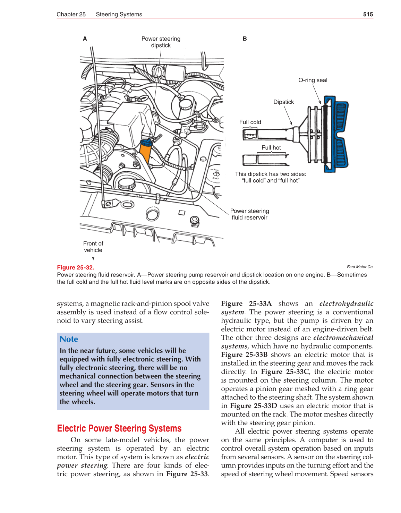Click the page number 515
(368, 14)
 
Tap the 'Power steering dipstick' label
(161, 42)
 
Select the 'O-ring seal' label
(313, 80)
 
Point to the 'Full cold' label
(250, 122)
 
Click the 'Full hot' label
(271, 148)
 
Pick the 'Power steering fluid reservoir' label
(249, 214)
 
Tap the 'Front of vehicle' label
(93, 247)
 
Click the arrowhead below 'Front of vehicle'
(93, 258)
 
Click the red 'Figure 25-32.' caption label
(76, 267)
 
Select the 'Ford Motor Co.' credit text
(360, 267)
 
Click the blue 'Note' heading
(69, 339)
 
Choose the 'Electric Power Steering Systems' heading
(119, 428)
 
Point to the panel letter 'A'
(85, 39)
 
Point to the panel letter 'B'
(245, 39)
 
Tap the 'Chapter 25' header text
(71, 14)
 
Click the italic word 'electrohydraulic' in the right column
(346, 303)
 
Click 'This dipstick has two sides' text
(271, 174)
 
